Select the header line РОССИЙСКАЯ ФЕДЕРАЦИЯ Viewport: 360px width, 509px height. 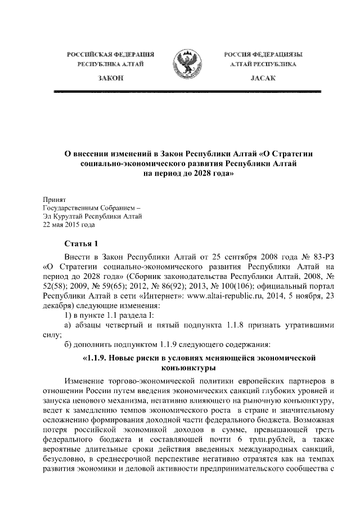tap(110, 54)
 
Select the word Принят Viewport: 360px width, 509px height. tap(55, 199)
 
